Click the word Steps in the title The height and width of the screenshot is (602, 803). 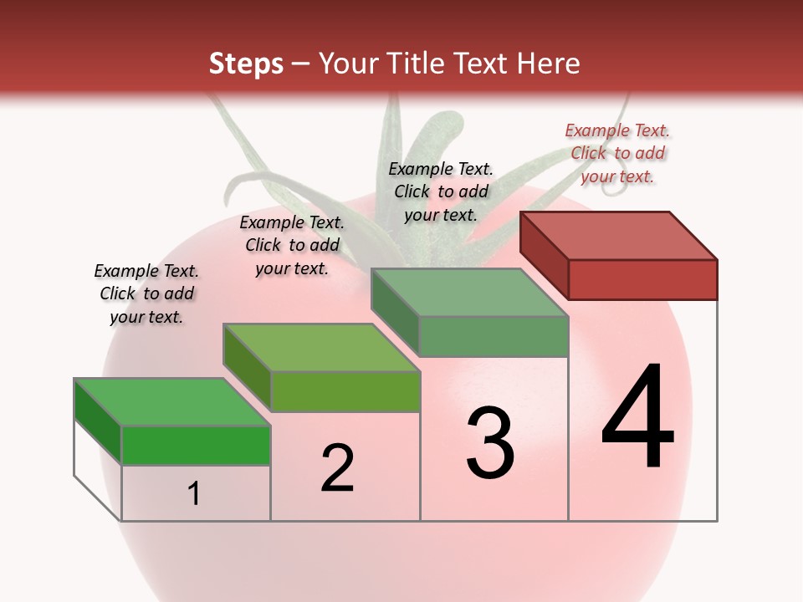pyautogui.click(x=246, y=64)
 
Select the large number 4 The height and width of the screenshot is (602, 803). pyautogui.click(x=637, y=418)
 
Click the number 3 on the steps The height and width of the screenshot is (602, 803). pyautogui.click(x=490, y=443)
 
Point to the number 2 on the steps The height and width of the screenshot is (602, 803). pyautogui.click(x=337, y=468)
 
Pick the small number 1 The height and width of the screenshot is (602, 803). pyautogui.click(x=194, y=493)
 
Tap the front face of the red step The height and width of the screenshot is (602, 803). pyautogui.click(x=642, y=279)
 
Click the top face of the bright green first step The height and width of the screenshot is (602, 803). pyautogui.click(x=172, y=402)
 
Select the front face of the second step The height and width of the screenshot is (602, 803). pyautogui.click(x=345, y=391)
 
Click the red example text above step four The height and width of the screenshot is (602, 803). pyautogui.click(x=617, y=153)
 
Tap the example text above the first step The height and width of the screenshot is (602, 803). pyautogui.click(x=146, y=293)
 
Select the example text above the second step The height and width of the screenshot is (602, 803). pyautogui.click(x=292, y=245)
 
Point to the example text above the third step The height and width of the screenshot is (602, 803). pyautogui.click(x=441, y=191)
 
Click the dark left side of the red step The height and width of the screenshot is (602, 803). pyautogui.click(x=544, y=256)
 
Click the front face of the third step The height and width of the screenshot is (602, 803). pyautogui.click(x=494, y=337)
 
